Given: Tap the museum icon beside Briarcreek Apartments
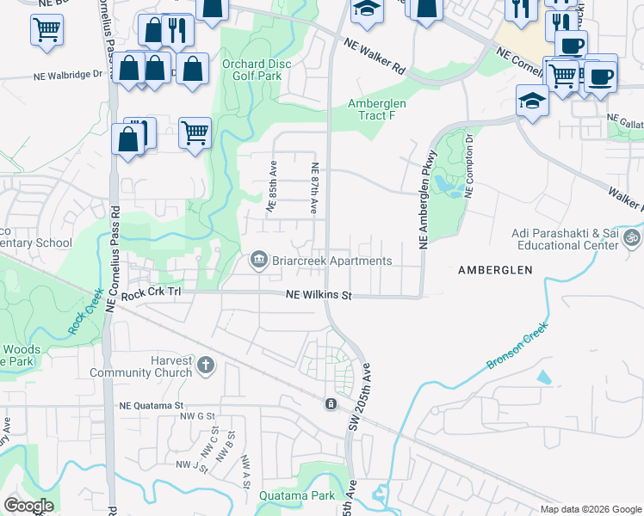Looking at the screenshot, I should click(x=258, y=260).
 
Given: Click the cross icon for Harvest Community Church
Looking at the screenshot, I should click(x=205, y=365).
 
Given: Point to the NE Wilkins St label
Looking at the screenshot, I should click(x=319, y=296).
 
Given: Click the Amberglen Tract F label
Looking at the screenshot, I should click(x=376, y=109).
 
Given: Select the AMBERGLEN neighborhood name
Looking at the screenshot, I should click(x=494, y=270).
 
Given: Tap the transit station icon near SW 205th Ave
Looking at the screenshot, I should click(x=331, y=403).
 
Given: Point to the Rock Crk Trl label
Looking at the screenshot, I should click(x=152, y=295).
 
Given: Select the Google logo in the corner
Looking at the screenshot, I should click(x=29, y=506).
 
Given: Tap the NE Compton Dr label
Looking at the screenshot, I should click(x=469, y=165).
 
